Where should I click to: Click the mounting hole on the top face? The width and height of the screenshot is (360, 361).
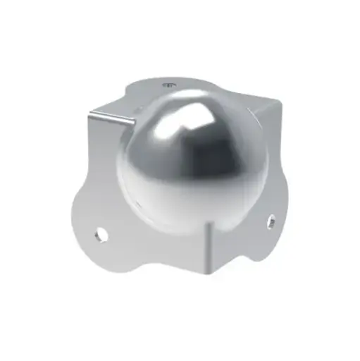point(168,85)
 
